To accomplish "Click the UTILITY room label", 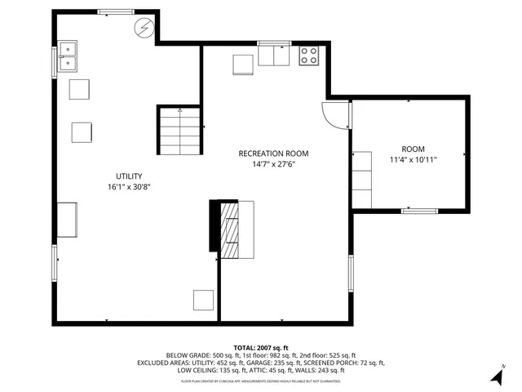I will coord(129,176).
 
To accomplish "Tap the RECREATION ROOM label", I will coord(273,154).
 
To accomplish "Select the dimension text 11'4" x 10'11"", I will coord(414,161).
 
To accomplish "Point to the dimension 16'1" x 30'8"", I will coord(129,187).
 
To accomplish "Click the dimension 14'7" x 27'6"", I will coord(273,164).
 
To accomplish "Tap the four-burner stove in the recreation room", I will coord(309,56).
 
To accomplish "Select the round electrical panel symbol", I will coord(144,28).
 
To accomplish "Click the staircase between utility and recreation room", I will coord(179,131).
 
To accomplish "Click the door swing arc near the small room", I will coord(334,115).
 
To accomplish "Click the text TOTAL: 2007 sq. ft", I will coord(261,348).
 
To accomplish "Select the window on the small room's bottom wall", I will coord(419,212).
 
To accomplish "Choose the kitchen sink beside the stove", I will coord(273,55).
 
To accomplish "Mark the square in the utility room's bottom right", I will coord(203,300).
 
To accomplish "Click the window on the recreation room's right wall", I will coord(352,275).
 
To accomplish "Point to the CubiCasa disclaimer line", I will coord(261,381).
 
